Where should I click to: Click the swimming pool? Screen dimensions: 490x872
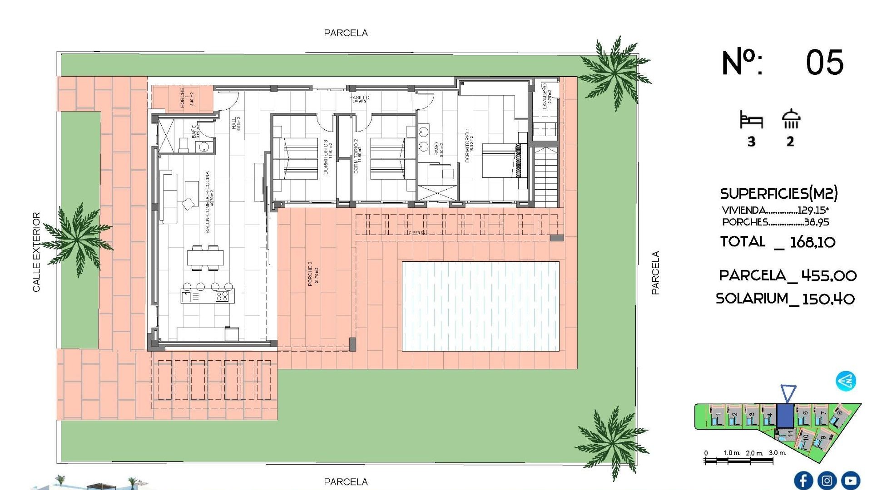481,306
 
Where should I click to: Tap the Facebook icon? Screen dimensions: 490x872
803,480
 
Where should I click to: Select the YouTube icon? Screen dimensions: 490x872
850,480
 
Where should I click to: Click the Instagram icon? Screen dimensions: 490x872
827,480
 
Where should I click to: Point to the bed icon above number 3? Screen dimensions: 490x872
751,120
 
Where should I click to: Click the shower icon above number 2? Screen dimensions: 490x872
791,119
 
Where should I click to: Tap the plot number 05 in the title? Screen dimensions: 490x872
824,63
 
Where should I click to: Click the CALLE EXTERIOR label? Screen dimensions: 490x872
36,252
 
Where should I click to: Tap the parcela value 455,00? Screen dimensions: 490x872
828,275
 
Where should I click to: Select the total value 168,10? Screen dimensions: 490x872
813,242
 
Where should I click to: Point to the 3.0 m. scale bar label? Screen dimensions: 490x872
777,453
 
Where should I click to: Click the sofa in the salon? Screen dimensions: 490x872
170,197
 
